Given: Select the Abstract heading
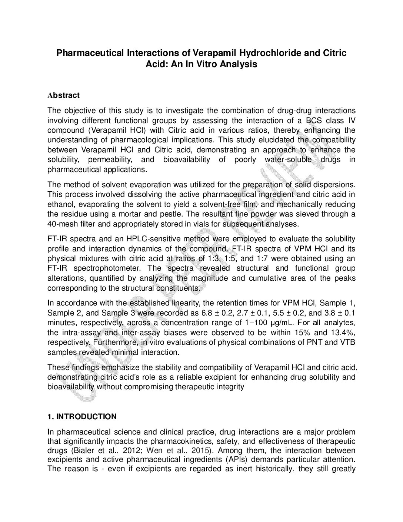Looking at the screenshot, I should (x=63, y=95).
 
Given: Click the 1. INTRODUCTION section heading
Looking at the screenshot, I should (x=82, y=417).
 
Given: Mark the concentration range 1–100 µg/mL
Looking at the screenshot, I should (x=262, y=322).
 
